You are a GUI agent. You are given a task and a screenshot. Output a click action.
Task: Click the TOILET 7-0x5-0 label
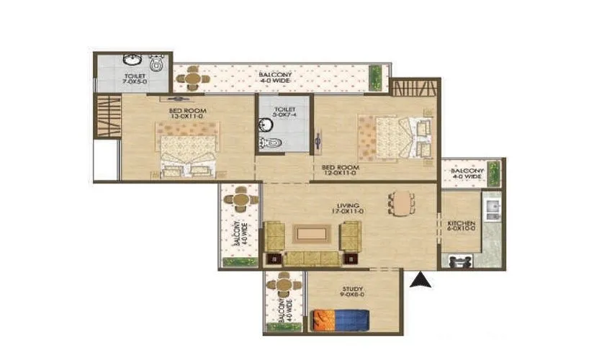[x=135, y=78]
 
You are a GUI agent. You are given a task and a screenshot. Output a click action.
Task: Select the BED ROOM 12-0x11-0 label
[x=340, y=171]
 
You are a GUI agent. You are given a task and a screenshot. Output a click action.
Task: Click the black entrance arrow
[x=420, y=281]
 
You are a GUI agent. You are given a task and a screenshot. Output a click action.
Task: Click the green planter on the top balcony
[x=375, y=76]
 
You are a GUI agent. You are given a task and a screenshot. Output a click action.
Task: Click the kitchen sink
[x=493, y=208]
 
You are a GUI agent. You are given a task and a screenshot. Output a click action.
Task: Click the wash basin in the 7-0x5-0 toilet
[x=132, y=60]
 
